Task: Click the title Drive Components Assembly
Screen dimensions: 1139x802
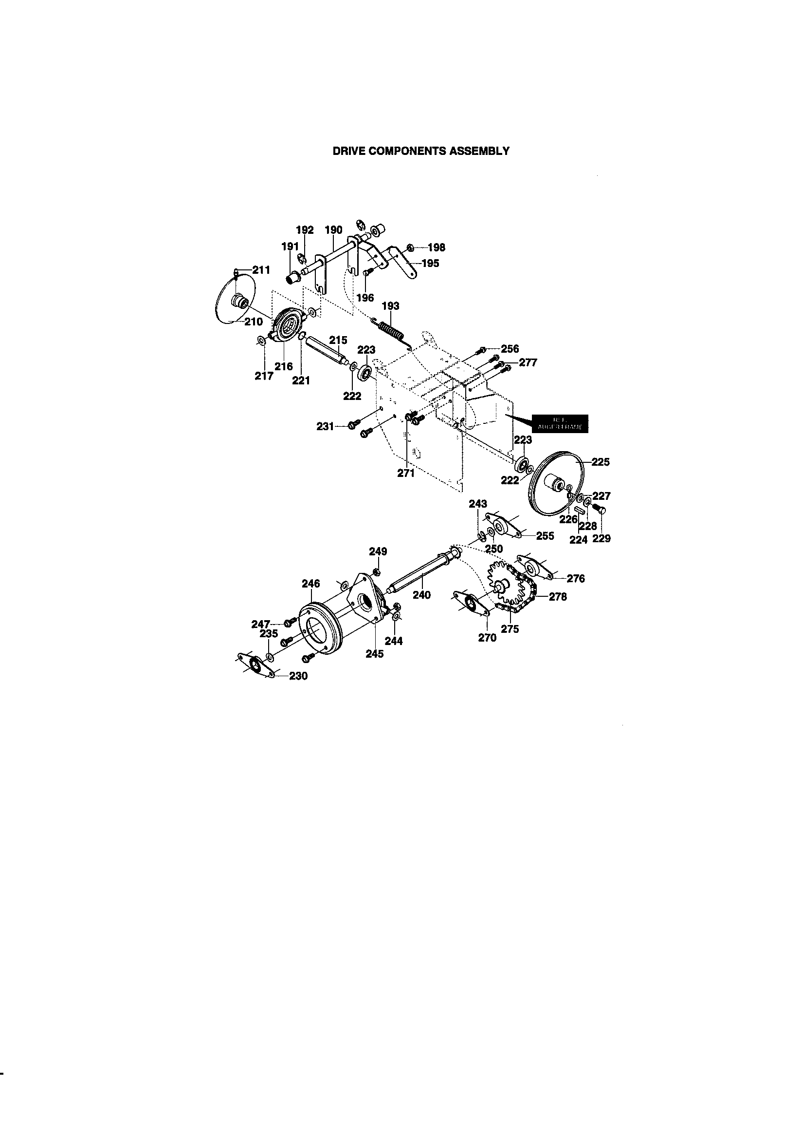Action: click(421, 152)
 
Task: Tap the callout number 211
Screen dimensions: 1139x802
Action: click(261, 270)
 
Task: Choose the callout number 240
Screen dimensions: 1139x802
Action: click(422, 595)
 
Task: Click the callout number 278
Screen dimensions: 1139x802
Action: click(558, 597)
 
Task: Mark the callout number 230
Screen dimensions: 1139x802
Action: click(298, 676)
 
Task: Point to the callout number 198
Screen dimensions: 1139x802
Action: click(436, 247)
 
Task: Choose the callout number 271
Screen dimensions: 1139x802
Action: click(406, 473)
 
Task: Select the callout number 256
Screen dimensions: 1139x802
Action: click(510, 349)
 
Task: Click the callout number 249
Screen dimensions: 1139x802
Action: click(378, 551)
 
